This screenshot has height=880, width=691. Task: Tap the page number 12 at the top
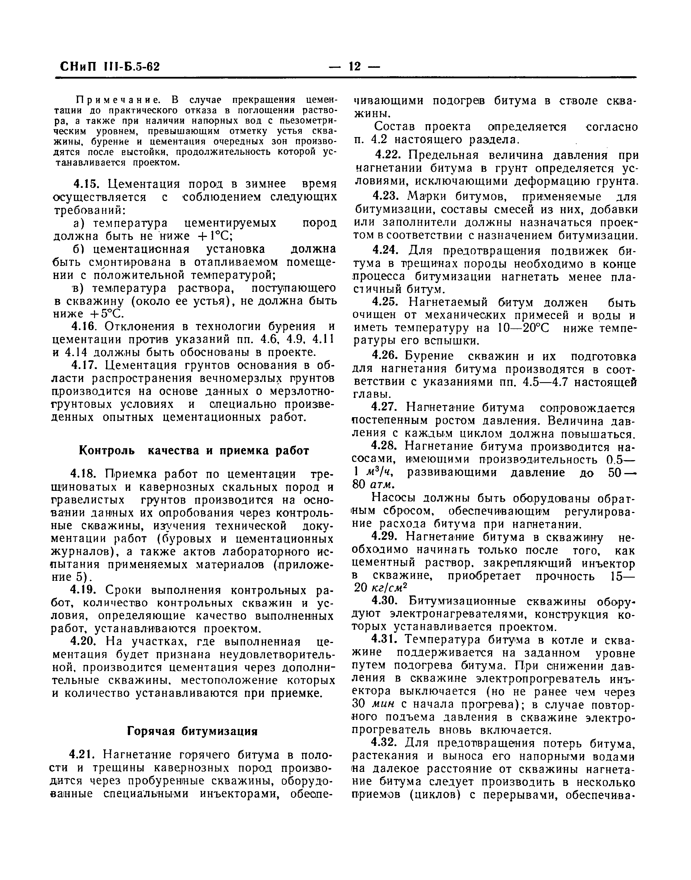tap(354, 66)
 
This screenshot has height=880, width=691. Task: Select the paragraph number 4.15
tap(86, 184)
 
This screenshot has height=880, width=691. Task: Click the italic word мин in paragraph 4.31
tap(382, 705)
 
